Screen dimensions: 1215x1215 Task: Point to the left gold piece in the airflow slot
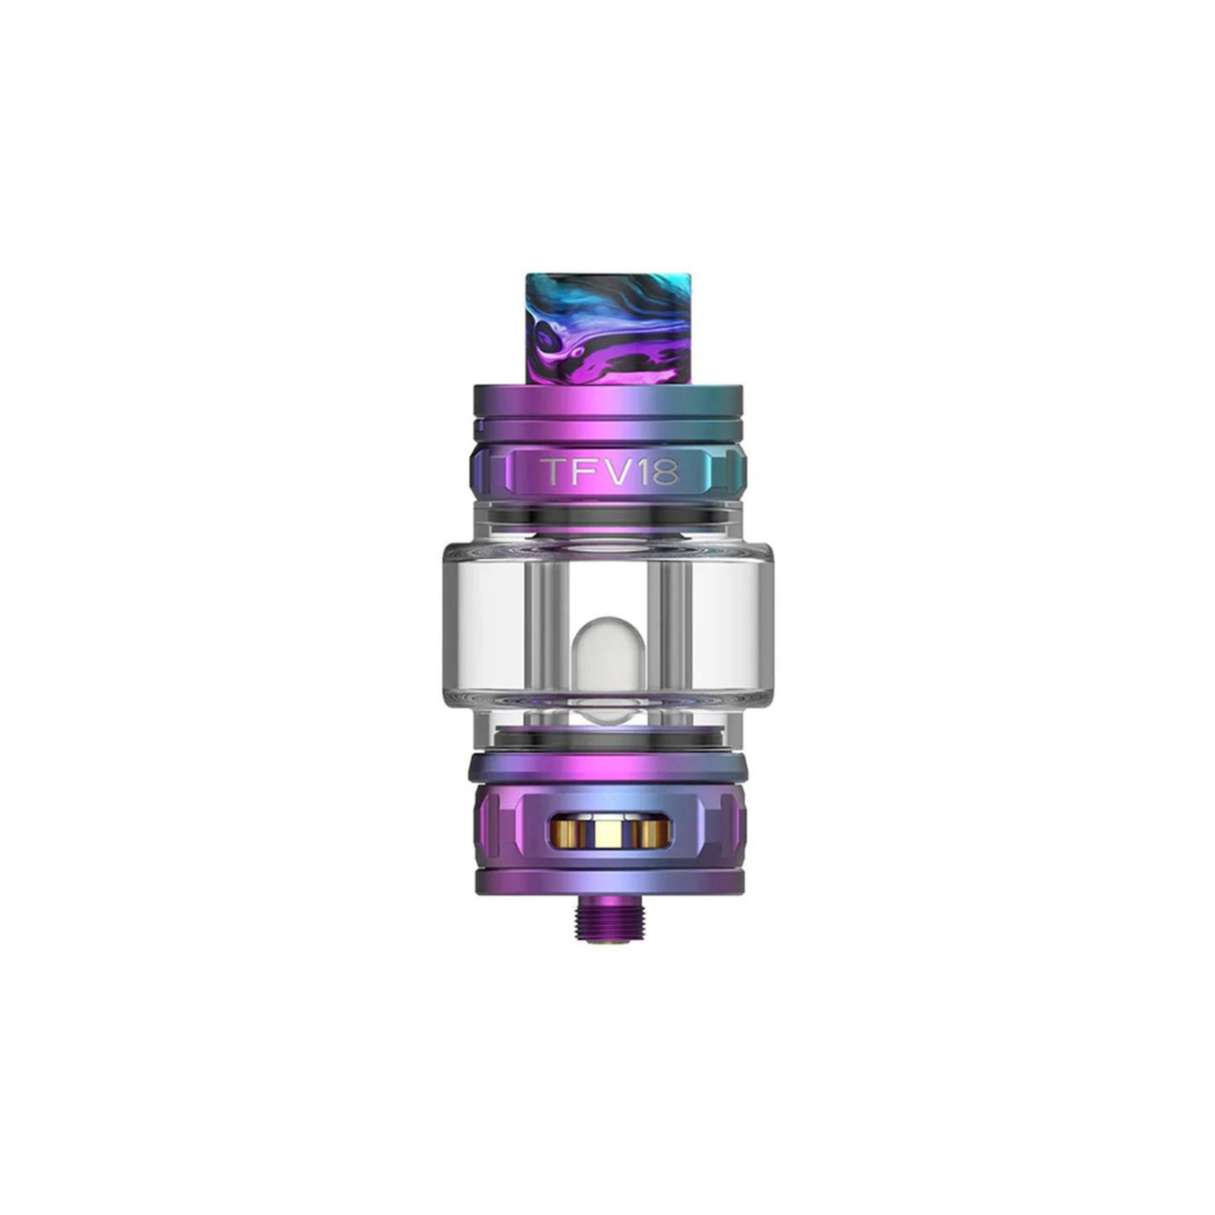point(569,833)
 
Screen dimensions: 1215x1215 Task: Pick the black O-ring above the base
point(607,738)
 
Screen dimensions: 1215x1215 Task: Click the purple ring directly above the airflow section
point(607,769)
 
